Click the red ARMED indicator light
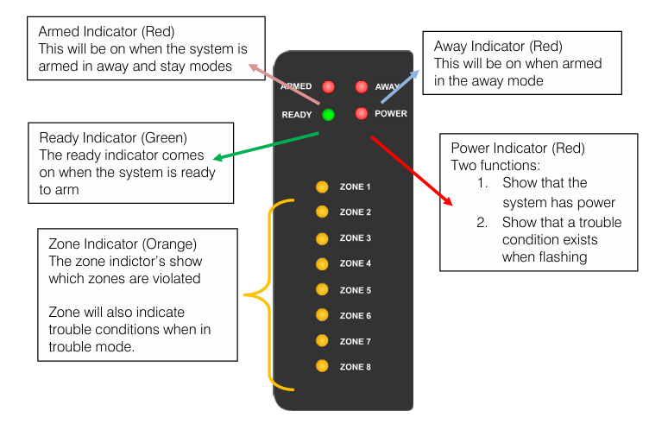[328, 87]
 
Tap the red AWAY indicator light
[361, 87]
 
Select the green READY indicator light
[328, 114]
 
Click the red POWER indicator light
[361, 113]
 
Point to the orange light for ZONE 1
[322, 187]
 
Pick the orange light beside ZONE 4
[322, 263]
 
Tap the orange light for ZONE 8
[322, 366]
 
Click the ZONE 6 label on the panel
[355, 316]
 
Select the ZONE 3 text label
[355, 238]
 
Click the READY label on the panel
[297, 114]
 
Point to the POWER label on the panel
[391, 114]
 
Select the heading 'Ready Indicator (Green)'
[113, 137]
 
